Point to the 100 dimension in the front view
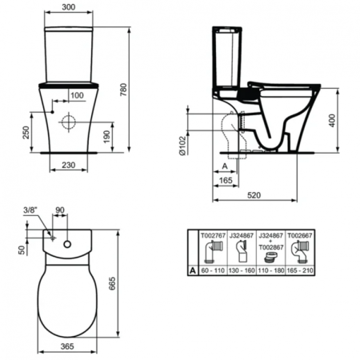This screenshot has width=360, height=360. [x=77, y=96]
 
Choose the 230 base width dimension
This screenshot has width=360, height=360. [x=70, y=165]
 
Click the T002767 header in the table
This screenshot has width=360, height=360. [x=214, y=236]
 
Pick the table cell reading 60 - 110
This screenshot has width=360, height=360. [x=214, y=271]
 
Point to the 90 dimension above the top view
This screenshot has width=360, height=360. [x=61, y=211]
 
